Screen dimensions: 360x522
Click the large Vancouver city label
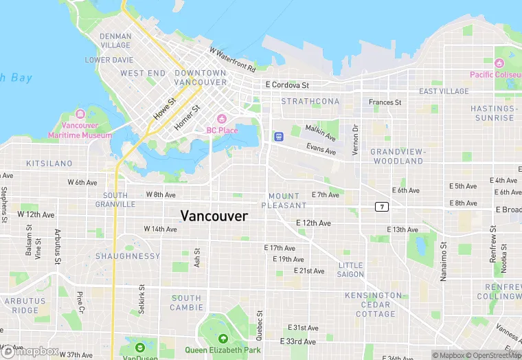(x=214, y=215)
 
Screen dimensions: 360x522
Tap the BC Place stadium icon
(x=221, y=119)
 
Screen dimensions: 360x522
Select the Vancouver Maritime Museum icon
(x=81, y=113)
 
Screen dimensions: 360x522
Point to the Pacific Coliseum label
(x=495, y=74)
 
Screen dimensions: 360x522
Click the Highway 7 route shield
(x=381, y=206)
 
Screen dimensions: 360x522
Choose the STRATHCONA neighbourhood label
(x=310, y=101)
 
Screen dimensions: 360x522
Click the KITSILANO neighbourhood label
(x=49, y=164)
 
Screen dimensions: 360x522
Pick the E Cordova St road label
(x=287, y=85)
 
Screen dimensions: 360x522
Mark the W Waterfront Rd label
(x=233, y=60)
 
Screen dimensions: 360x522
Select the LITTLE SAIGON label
(x=350, y=269)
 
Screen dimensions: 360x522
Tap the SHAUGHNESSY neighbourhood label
(x=128, y=256)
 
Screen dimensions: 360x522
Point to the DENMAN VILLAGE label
(x=115, y=41)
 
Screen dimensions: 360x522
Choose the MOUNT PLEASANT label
(x=284, y=201)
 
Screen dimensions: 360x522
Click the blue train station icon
(x=279, y=136)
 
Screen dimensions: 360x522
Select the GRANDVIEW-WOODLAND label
(x=398, y=156)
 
